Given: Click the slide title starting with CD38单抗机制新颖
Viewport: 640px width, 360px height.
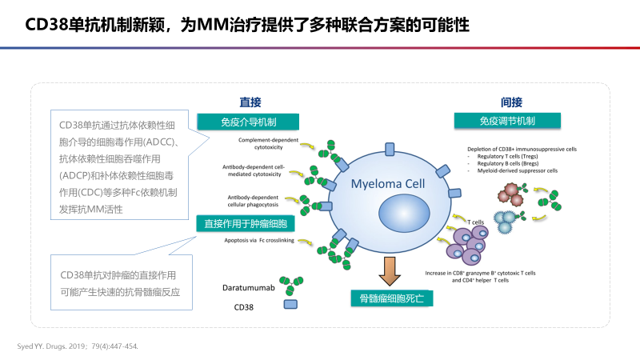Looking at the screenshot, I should pyautogui.click(x=247, y=26).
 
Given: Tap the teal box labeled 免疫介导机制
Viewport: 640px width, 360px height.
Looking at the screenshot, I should pyautogui.click(x=249, y=122).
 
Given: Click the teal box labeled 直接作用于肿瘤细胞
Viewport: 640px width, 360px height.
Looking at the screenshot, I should pyautogui.click(x=246, y=223).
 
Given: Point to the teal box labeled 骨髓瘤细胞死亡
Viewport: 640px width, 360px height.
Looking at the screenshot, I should pyautogui.click(x=392, y=298).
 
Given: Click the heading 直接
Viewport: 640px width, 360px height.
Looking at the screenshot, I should pyautogui.click(x=250, y=102).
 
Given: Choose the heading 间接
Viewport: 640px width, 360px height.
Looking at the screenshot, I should pyautogui.click(x=512, y=102).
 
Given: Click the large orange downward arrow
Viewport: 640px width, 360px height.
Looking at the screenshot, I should pyautogui.click(x=391, y=270).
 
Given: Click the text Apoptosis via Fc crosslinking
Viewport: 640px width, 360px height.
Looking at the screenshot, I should pyautogui.click(x=261, y=239).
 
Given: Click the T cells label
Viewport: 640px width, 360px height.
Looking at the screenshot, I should pyautogui.click(x=476, y=222).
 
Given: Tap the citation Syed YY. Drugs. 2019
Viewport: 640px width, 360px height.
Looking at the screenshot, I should pyautogui.click(x=78, y=346).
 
